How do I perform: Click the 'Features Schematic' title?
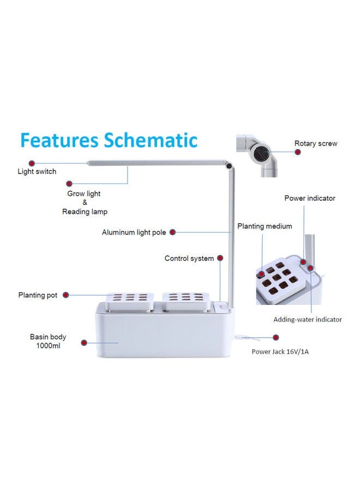[108, 140]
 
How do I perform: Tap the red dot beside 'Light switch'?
[32, 163]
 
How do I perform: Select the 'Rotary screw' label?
[316, 143]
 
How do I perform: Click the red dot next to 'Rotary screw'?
[297, 152]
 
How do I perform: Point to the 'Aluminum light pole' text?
[134, 232]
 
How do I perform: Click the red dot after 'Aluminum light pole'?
[172, 232]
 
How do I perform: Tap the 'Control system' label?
[189, 259]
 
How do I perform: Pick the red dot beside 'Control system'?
[220, 259]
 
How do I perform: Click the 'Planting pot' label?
[38, 295]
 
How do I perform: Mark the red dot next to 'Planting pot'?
[65, 295]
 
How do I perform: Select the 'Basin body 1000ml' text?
[48, 342]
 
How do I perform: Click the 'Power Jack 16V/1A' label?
[280, 352]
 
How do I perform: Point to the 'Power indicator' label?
[310, 198]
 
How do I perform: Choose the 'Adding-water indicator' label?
[308, 320]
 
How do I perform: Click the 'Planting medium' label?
[265, 226]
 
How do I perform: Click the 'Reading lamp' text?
[85, 212]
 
